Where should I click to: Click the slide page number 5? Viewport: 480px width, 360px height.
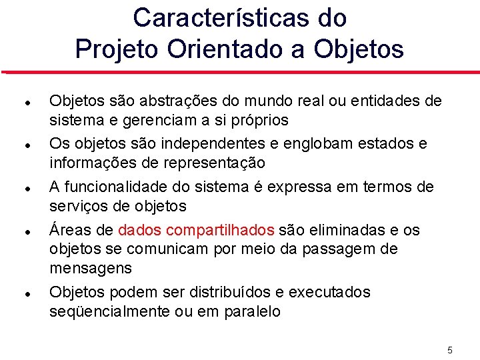(450, 350)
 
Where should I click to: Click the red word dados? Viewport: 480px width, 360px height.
(140, 230)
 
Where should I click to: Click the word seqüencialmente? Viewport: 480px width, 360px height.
(108, 311)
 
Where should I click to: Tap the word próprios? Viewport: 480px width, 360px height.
(258, 120)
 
